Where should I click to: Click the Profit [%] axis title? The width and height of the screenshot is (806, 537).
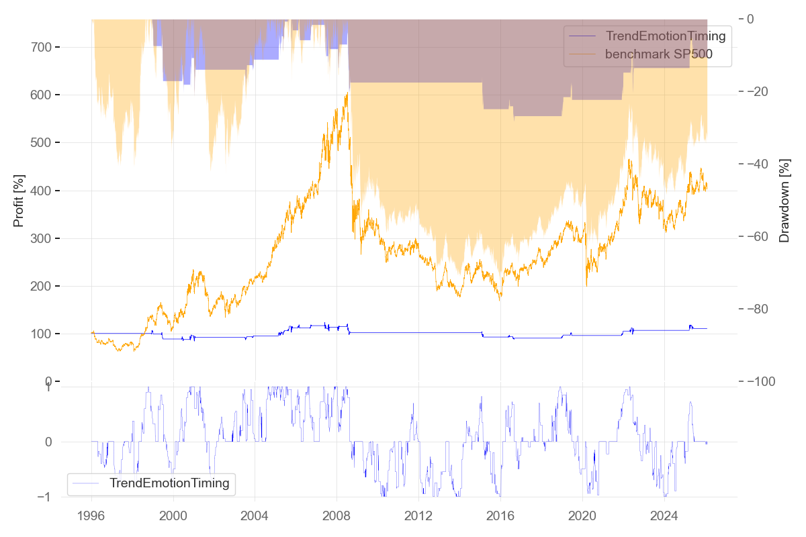pos(19,201)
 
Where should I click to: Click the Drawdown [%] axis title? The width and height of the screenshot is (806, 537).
pos(784,201)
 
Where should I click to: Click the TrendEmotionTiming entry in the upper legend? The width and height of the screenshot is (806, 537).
pos(666,36)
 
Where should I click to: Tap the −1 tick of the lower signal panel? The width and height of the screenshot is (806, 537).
pos(47,497)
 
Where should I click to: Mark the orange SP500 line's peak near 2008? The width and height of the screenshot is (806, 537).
pos(347,93)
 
